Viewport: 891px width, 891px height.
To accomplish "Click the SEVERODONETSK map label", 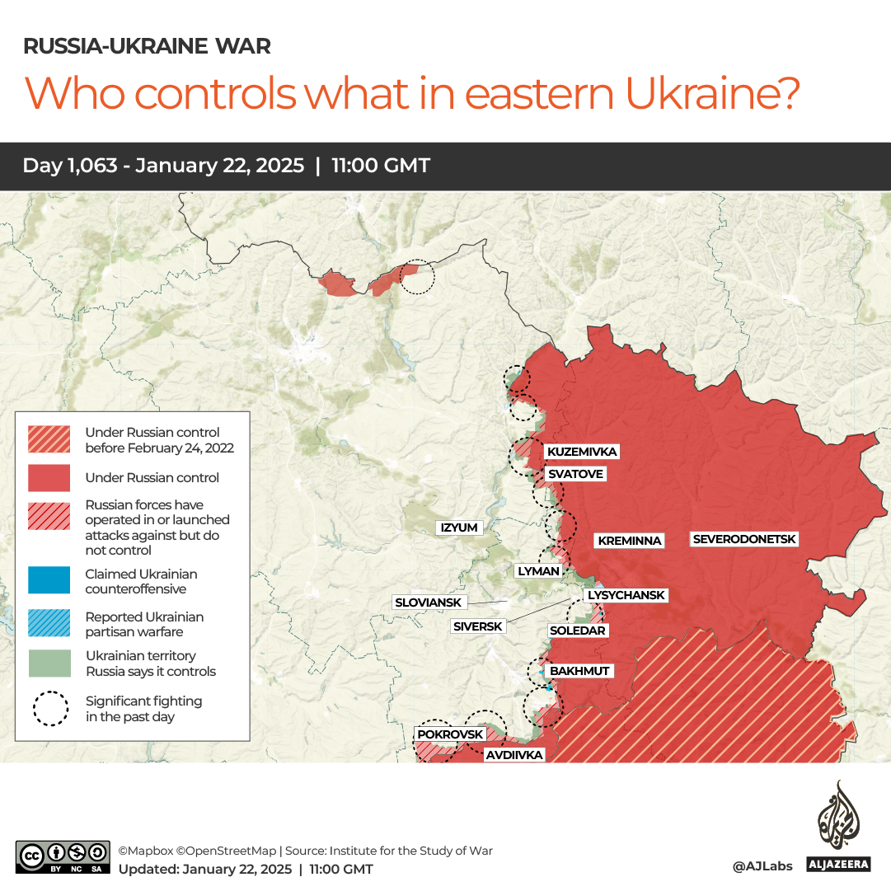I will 745,539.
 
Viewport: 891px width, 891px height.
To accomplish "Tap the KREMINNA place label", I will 630,541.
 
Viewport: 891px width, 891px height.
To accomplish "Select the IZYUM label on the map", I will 459,528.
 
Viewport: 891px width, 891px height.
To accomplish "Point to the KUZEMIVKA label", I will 582,452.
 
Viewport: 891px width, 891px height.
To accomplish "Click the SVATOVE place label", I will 575,474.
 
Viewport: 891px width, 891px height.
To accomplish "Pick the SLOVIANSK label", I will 428,603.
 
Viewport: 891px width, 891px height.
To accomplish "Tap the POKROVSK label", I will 449,734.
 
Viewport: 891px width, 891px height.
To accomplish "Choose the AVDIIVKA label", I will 513,754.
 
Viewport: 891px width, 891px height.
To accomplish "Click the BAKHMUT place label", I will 579,671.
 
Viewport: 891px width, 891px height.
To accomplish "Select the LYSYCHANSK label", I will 626,595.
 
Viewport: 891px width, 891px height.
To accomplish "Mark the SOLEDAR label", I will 578,631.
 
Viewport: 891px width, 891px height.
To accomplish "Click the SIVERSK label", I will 477,626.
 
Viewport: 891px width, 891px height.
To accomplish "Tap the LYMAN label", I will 538,570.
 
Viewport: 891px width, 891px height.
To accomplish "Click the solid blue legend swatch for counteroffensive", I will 50,581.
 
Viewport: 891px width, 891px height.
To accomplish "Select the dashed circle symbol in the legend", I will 50,709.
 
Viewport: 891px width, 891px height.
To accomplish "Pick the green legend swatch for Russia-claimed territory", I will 50,664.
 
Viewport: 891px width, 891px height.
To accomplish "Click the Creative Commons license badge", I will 63,857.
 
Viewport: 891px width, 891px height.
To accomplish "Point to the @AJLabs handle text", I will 762,866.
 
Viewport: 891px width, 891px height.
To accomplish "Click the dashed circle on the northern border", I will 417,277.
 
